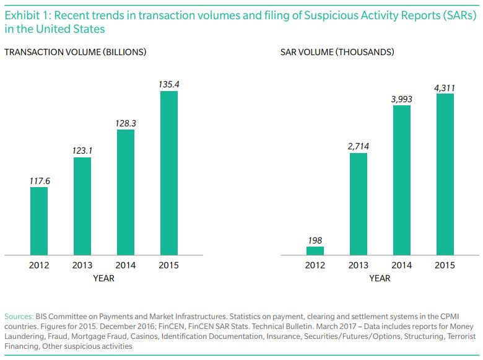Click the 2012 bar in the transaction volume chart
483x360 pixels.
tap(39, 221)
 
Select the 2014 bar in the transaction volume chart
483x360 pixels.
tap(126, 192)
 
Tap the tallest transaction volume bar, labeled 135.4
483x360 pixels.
tap(169, 173)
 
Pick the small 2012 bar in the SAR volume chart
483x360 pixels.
tap(315, 250)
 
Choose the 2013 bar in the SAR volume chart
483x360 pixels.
tap(359, 204)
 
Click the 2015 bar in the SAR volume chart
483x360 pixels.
tap(445, 174)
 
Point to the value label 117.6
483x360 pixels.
tap(39, 181)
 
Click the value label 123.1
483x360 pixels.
tap(82, 151)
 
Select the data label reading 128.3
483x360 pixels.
tap(126, 123)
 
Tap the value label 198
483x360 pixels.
tap(315, 240)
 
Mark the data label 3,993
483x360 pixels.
tap(402, 99)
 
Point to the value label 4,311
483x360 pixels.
tap(445, 88)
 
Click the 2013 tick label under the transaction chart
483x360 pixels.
tap(82, 265)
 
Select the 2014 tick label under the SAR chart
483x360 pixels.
tap(402, 265)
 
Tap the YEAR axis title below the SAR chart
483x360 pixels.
tap(380, 278)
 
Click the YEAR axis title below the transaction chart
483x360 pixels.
tap(103, 278)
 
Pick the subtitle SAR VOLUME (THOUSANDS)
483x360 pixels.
tap(337, 52)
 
